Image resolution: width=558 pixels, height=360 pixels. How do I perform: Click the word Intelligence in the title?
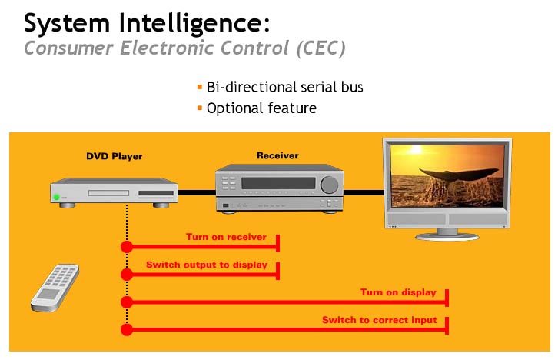coord(194,24)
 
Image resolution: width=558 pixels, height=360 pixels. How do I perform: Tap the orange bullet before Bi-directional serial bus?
coord(200,87)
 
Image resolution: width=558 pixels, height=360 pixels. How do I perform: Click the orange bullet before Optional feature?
coord(200,108)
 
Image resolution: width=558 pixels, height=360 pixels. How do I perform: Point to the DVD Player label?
coord(115,156)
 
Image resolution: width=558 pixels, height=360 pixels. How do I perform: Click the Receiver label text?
coord(277,155)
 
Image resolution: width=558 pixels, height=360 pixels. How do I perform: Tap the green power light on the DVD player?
coord(56,197)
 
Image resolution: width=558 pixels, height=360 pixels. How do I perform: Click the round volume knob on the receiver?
coord(329,185)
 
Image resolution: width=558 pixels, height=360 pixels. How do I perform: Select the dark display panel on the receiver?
coord(278,183)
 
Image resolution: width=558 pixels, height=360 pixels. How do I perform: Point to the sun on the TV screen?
coord(415,149)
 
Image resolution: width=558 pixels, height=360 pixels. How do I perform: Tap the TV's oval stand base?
coord(447,236)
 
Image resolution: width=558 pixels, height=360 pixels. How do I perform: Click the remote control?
coord(55,288)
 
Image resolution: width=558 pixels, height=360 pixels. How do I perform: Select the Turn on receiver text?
coord(226,237)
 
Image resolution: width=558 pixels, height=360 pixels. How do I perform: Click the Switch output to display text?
coord(207,265)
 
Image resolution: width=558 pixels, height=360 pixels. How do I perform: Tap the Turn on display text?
coord(398,292)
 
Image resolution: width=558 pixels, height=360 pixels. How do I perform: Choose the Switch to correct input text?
coord(380,320)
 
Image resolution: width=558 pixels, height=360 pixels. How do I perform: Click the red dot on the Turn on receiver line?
coord(127,246)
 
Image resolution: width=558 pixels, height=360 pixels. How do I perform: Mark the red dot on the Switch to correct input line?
coord(127,330)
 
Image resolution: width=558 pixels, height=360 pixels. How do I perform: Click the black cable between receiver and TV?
coord(364,192)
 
